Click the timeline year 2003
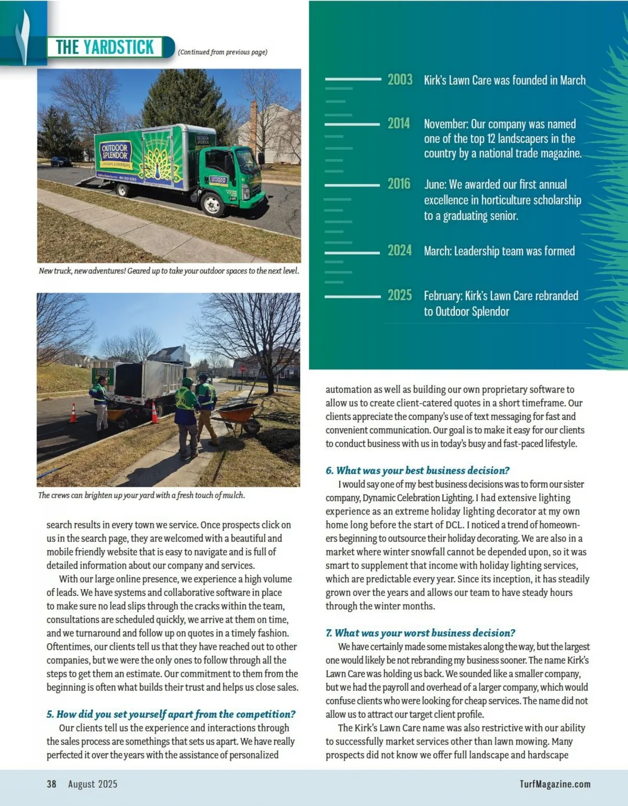[x=400, y=80]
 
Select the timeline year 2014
[x=399, y=124]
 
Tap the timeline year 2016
[x=399, y=184]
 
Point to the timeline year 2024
[x=399, y=251]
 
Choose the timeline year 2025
[x=399, y=295]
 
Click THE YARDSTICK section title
[x=105, y=47]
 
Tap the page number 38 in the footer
[x=51, y=784]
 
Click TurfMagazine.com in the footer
[x=555, y=784]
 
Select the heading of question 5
[x=171, y=714]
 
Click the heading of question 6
[x=417, y=471]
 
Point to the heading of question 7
[x=420, y=633]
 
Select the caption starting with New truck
[x=169, y=271]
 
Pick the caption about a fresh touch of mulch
[x=141, y=495]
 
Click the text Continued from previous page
[x=222, y=52]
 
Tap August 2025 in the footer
[x=93, y=784]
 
